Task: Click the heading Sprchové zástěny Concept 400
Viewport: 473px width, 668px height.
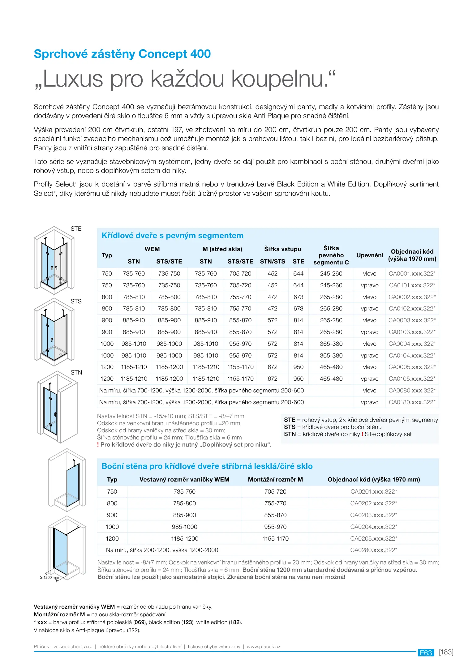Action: pyautogui.click(x=122, y=54)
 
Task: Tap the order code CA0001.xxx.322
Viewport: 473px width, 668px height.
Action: pyautogui.click(x=412, y=274)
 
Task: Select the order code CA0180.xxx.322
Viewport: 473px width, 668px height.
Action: pyautogui.click(x=412, y=402)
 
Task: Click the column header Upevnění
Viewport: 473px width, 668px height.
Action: pyautogui.click(x=370, y=255)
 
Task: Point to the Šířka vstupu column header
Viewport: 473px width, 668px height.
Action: pyautogui.click(x=282, y=249)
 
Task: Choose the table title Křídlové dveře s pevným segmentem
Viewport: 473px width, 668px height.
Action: pyautogui.click(x=172, y=236)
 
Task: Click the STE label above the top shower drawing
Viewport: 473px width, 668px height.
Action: pyautogui.click(x=76, y=229)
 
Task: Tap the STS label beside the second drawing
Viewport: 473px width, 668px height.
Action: pyautogui.click(x=76, y=302)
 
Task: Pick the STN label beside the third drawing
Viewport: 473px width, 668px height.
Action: pyautogui.click(x=76, y=373)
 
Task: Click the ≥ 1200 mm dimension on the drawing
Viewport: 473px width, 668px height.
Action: pyautogui.click(x=49, y=577)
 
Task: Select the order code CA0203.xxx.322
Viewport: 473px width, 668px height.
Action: pyautogui.click(x=373, y=515)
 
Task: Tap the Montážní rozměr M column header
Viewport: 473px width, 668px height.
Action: pyautogui.click(x=275, y=480)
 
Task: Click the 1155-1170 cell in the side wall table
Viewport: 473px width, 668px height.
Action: pyautogui.click(x=275, y=539)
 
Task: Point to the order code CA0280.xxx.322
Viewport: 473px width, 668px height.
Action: pyautogui.click(x=373, y=550)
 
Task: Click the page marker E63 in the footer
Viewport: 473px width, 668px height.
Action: pyautogui.click(x=426, y=653)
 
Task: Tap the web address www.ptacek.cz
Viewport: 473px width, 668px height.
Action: pyautogui.click(x=264, y=647)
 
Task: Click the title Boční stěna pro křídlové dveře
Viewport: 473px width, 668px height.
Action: pyautogui.click(x=207, y=466)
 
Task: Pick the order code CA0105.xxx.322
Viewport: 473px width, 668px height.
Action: pyautogui.click(x=412, y=379)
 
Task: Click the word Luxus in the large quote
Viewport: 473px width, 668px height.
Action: pyautogui.click(x=73, y=79)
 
